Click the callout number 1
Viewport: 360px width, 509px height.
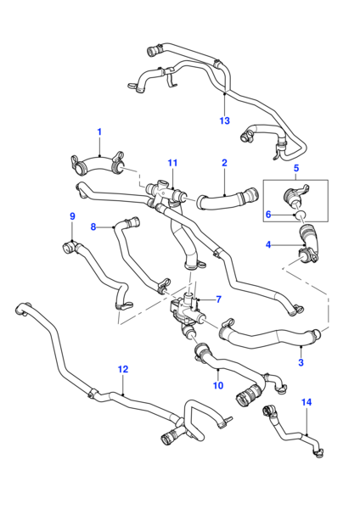[x=99, y=132]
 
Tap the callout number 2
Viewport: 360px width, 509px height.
[x=224, y=163]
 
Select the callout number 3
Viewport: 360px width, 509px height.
[x=301, y=362]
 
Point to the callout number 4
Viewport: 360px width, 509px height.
[x=268, y=244]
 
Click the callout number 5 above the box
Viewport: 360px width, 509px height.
[x=296, y=168]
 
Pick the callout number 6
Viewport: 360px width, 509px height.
[x=268, y=215]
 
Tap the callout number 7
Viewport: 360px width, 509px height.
[x=219, y=299]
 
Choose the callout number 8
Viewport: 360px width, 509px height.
[x=93, y=227]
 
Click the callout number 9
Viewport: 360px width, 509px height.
[x=72, y=216]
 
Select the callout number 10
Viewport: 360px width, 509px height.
[x=218, y=385]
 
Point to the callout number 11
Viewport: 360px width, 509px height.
[x=172, y=163]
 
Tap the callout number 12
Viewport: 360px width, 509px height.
[x=123, y=369]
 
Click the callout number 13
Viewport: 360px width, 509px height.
[x=224, y=120]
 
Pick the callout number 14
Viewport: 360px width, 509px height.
[x=307, y=402]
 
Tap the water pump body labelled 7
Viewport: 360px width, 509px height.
[x=185, y=311]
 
